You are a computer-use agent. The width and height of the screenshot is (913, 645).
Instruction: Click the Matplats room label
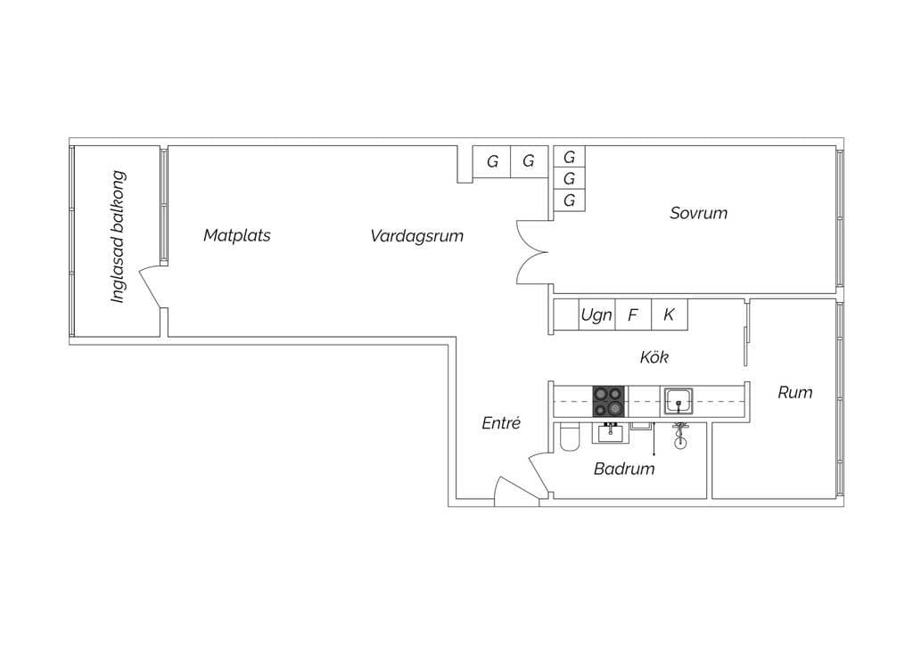click(236, 236)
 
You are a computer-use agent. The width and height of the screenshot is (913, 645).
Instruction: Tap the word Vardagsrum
click(416, 236)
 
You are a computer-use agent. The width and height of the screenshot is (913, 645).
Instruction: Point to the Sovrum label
click(698, 213)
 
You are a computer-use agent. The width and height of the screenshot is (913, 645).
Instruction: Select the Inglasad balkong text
click(118, 237)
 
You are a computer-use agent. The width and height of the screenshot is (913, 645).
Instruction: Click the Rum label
click(794, 392)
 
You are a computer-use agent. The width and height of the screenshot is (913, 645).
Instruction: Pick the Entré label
click(500, 424)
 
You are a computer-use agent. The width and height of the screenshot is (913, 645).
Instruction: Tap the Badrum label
click(624, 469)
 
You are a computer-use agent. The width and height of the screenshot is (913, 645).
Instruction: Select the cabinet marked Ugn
click(596, 314)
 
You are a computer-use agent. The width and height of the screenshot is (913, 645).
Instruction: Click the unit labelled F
click(633, 314)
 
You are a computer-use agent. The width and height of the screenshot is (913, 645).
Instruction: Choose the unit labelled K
click(669, 314)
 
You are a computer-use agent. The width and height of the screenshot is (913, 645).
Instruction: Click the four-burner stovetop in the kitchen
click(609, 401)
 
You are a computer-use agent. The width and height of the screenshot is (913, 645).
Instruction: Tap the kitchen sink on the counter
click(679, 401)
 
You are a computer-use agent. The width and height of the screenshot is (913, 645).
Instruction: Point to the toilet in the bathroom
click(568, 438)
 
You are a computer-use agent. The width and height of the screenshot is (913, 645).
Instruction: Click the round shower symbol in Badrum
click(680, 439)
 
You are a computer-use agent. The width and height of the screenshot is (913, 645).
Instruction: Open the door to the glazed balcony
click(152, 287)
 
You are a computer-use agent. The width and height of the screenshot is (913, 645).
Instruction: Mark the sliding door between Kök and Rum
click(746, 334)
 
